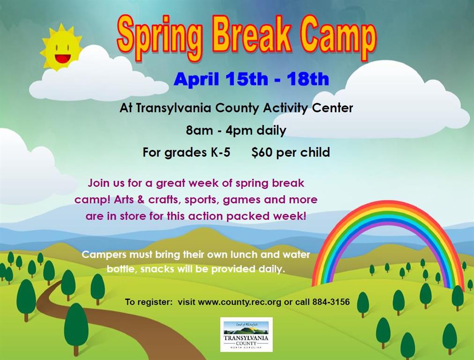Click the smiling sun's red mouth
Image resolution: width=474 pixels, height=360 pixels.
coord(63,59)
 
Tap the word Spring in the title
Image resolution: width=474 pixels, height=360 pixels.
coord(160,38)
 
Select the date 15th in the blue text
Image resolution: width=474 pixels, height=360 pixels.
coord(247,79)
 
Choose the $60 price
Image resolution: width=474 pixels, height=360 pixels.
coord(262,152)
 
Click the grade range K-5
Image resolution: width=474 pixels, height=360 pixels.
coord(221,152)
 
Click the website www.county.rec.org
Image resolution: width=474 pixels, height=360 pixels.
coord(240,302)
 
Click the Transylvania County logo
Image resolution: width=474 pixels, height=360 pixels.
coord(246,335)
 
